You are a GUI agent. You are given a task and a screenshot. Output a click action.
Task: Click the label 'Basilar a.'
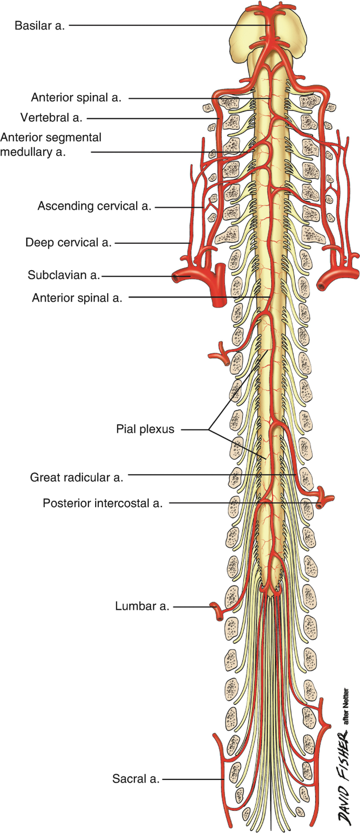tap(39, 25)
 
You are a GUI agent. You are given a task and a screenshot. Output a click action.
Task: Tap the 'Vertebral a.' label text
tap(52, 118)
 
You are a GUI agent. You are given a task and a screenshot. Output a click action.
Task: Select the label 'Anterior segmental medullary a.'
tap(50, 145)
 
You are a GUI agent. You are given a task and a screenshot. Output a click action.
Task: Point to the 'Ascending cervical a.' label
tap(94, 206)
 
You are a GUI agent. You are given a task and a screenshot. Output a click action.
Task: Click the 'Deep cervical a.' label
tap(68, 242)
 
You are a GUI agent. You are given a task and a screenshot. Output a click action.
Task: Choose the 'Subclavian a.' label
tap(64, 275)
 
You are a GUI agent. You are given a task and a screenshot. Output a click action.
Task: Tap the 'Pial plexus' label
tap(145, 429)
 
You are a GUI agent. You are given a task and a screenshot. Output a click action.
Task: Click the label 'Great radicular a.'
tap(76, 477)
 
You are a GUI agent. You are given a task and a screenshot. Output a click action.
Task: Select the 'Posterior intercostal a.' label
tap(102, 503)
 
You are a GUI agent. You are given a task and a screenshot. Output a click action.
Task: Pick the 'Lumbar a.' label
tap(142, 606)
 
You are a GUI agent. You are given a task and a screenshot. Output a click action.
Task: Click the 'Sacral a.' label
tap(136, 779)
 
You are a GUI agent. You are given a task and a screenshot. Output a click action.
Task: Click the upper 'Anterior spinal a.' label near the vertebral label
tap(76, 97)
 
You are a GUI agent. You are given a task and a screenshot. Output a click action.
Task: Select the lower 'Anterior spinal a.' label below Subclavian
tap(77, 298)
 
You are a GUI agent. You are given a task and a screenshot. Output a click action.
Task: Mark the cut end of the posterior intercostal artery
tap(320, 505)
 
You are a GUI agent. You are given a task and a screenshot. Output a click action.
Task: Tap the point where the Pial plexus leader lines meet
tap(209, 430)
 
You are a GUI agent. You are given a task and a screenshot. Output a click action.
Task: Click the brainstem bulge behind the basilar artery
tap(294, 34)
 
